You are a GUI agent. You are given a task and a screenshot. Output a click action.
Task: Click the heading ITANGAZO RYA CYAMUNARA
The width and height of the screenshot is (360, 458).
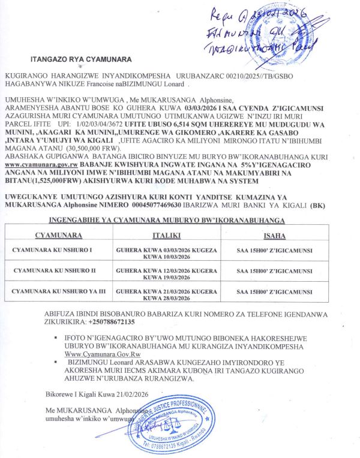pyautogui.click(x=80, y=59)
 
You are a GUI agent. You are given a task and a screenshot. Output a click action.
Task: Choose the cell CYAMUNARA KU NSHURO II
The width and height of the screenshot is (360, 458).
pyautogui.click(x=53, y=271)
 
